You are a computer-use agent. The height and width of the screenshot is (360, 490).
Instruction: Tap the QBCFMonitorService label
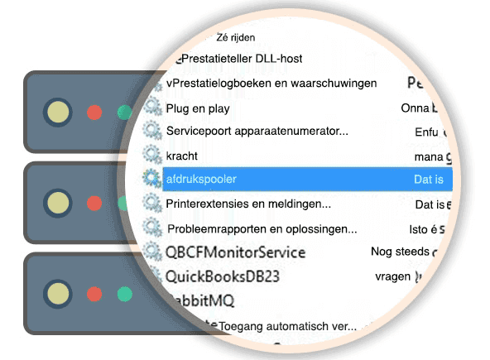(x=235, y=252)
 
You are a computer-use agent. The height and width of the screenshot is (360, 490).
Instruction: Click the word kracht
(x=182, y=155)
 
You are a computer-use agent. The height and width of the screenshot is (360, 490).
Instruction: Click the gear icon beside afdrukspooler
(x=151, y=178)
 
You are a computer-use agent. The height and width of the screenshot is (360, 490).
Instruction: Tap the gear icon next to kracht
(x=151, y=155)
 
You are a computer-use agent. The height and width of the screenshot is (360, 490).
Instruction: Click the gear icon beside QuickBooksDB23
(x=152, y=275)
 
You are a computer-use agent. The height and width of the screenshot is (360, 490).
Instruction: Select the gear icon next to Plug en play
(x=151, y=107)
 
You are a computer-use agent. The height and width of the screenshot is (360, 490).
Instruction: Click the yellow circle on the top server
(x=57, y=111)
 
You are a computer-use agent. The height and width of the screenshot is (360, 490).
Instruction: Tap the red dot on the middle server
(x=94, y=202)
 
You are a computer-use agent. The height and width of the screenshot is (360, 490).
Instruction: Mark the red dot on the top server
(x=94, y=112)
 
